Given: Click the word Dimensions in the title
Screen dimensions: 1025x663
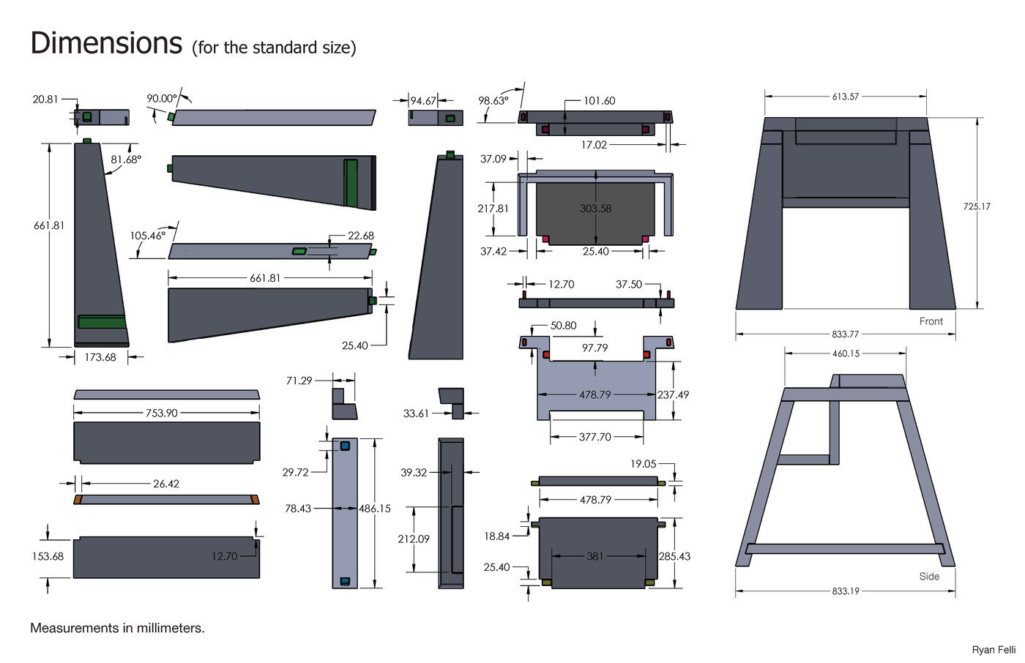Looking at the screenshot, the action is click(106, 43).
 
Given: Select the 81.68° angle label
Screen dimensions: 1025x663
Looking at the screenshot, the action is click(126, 160).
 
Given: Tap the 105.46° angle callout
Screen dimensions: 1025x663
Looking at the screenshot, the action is click(147, 236).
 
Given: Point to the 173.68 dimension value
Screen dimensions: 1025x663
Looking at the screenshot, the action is click(100, 357).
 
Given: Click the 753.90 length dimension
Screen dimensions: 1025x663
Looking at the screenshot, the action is click(162, 413).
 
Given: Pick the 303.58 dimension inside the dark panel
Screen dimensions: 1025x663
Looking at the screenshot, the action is click(595, 209).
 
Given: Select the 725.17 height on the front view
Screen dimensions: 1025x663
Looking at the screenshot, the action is click(977, 206).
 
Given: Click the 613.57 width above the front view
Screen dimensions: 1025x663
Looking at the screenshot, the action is click(845, 97).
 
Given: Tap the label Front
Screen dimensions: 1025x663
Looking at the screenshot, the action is click(931, 321).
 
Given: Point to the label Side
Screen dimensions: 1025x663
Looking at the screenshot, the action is click(929, 577).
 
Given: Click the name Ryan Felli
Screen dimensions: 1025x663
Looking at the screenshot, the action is click(994, 650).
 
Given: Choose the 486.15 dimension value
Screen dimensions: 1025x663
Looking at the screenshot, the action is click(375, 509).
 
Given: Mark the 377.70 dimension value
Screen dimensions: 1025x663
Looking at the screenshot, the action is click(594, 437).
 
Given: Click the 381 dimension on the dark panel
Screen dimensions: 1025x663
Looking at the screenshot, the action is click(594, 556).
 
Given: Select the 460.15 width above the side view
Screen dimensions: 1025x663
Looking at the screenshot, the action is click(846, 353).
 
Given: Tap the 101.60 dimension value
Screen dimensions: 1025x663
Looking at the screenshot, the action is click(600, 100).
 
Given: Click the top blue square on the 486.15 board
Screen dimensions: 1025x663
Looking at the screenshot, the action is click(345, 446).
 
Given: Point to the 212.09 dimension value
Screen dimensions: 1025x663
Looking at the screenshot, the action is click(414, 539).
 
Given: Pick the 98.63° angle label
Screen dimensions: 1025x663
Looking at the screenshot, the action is click(493, 100).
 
